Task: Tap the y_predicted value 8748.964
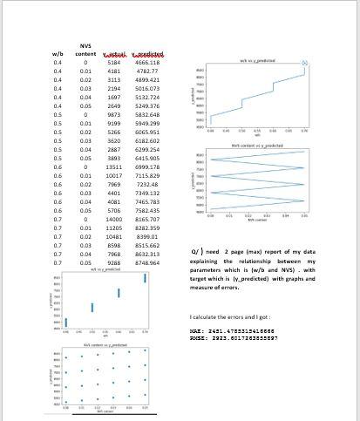click(146, 261)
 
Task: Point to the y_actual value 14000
click(113, 220)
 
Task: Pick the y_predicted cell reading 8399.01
click(146, 237)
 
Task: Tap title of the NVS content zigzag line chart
click(255, 145)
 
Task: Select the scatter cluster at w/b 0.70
click(144, 286)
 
